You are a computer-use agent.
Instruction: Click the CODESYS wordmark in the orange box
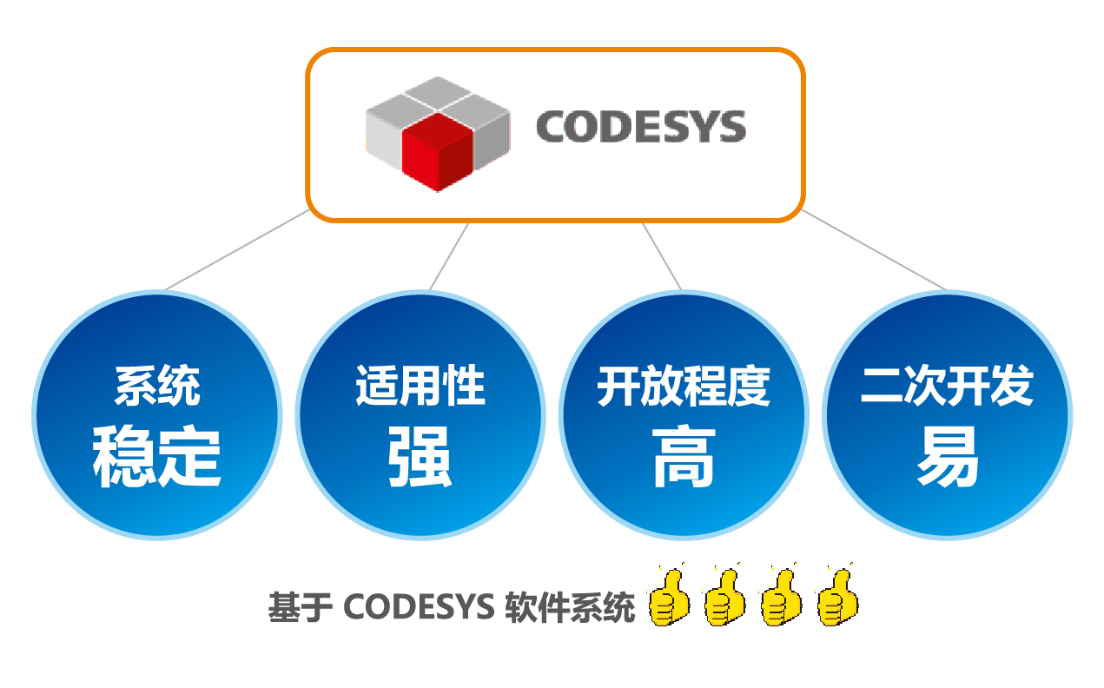click(x=640, y=127)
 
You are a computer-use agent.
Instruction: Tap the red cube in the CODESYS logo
click(x=436, y=155)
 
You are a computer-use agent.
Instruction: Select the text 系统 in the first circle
click(x=157, y=386)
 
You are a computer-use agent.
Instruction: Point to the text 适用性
click(x=420, y=386)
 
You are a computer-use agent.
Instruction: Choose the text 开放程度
click(x=684, y=386)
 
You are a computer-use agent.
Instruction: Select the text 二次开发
click(x=947, y=386)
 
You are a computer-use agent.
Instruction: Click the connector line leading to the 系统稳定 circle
click(x=236, y=250)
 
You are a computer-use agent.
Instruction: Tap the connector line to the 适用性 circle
click(x=449, y=256)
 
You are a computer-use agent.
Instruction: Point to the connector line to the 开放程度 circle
click(x=662, y=256)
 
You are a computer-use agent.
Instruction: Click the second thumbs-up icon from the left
click(x=724, y=598)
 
